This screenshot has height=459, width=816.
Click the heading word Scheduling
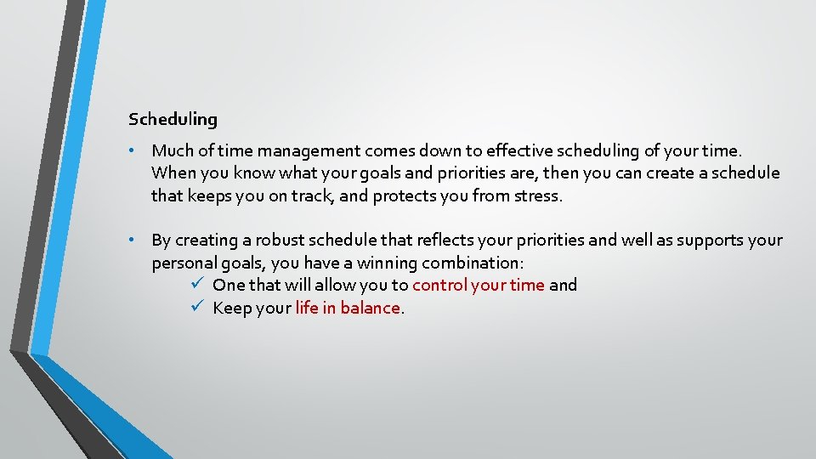click(x=173, y=120)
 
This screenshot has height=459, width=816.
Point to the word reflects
click(x=447, y=241)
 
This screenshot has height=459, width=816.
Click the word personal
click(x=184, y=263)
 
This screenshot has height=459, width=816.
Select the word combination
click(x=472, y=263)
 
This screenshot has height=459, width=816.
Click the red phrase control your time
click(x=478, y=286)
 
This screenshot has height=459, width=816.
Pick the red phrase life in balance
click(x=347, y=309)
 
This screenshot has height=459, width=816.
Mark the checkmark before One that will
click(x=195, y=285)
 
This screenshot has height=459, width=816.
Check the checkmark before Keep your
click(x=195, y=308)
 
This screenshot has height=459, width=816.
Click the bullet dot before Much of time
click(x=133, y=150)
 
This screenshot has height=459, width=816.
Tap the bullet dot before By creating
click(x=133, y=241)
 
